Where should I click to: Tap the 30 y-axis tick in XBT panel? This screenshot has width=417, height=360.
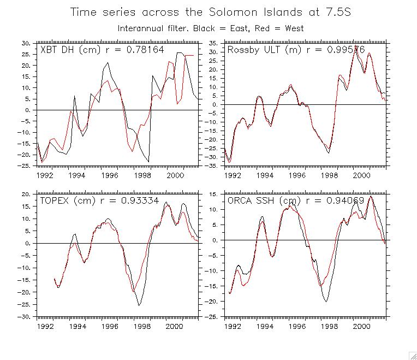point(26,43)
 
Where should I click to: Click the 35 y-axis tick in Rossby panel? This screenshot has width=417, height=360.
point(214,43)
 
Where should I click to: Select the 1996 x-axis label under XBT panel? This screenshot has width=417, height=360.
point(110,176)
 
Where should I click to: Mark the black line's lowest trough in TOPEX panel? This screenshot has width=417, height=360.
point(139,305)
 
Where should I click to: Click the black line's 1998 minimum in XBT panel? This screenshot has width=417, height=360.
point(148,162)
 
